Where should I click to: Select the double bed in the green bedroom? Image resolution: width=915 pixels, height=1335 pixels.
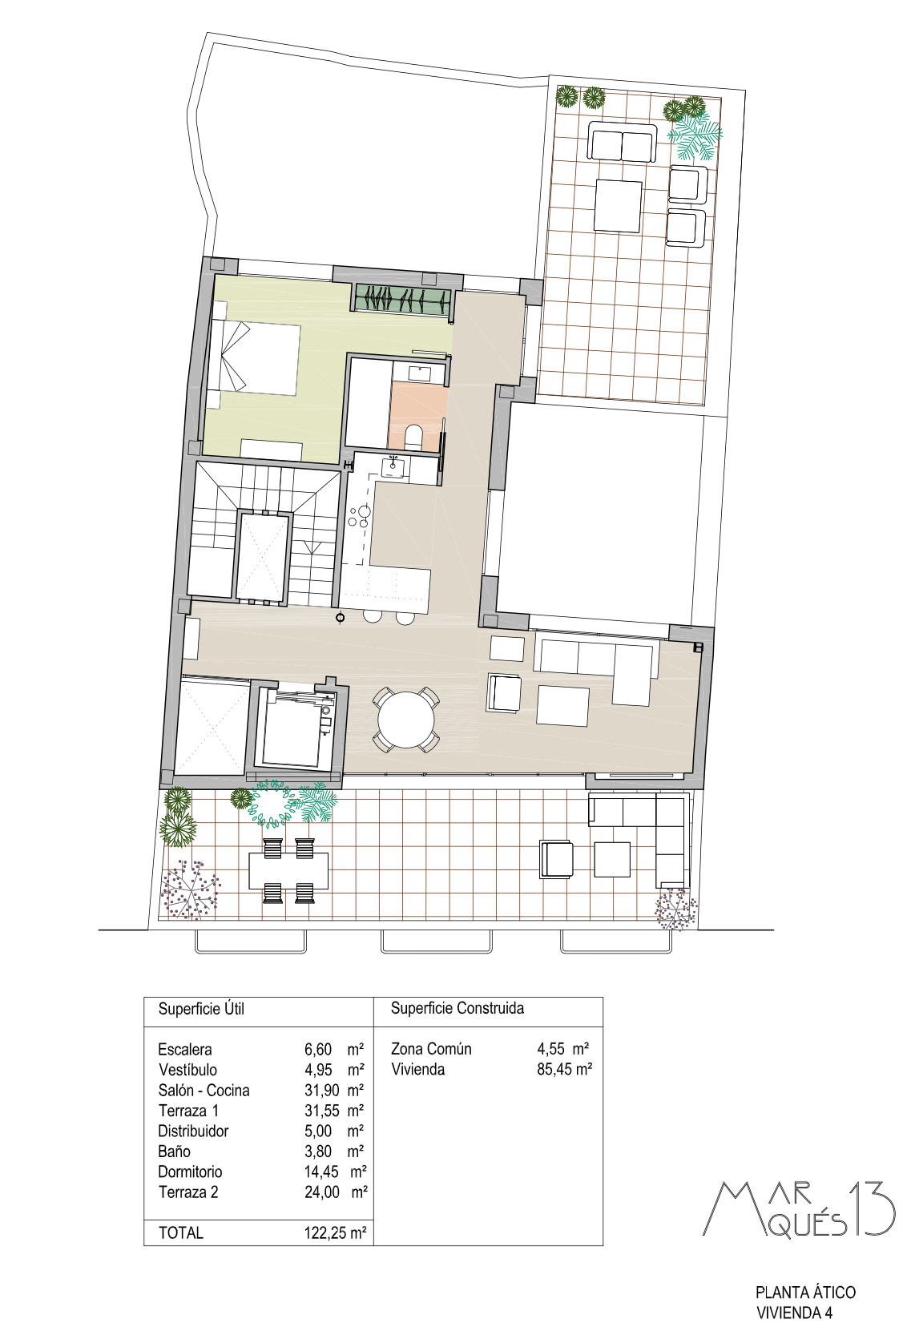[255, 358]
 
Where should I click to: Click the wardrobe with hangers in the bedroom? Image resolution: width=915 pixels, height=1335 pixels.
[401, 300]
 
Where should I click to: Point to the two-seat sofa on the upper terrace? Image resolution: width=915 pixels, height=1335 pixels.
[622, 143]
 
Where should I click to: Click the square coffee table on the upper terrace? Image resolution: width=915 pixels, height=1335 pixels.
[618, 206]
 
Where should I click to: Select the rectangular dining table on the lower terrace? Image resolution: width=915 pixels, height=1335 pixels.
[288, 871]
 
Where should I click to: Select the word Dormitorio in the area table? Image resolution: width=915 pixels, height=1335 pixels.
[190, 1172]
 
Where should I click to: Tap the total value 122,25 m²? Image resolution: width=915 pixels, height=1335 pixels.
[331, 1232]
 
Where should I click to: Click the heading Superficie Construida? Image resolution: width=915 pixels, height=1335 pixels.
[457, 1008]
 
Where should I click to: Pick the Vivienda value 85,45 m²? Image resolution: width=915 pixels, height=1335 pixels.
[564, 1069]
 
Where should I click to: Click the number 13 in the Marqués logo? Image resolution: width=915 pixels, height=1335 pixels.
[871, 1207]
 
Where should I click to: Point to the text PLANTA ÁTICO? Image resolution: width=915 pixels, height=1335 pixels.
[805, 1292]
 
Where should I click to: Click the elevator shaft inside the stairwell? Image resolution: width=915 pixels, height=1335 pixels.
[263, 557]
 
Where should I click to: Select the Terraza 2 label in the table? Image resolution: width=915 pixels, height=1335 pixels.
[188, 1192]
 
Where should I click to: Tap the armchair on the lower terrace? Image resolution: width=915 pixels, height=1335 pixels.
[557, 859]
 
